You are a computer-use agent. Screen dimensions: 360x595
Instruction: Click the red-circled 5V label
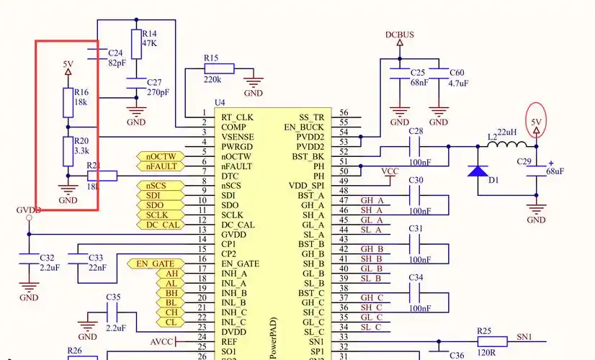click(536, 122)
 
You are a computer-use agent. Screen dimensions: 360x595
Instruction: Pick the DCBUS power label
click(399, 35)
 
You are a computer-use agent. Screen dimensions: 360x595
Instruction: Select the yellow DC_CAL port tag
click(161, 225)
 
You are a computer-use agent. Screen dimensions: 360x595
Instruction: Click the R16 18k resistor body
click(68, 98)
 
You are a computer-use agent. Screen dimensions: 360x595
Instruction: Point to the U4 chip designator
click(220, 103)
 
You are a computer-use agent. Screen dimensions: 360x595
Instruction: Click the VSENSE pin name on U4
click(237, 137)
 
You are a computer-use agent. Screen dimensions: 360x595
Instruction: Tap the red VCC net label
click(389, 171)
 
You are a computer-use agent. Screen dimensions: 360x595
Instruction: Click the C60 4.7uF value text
click(459, 84)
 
